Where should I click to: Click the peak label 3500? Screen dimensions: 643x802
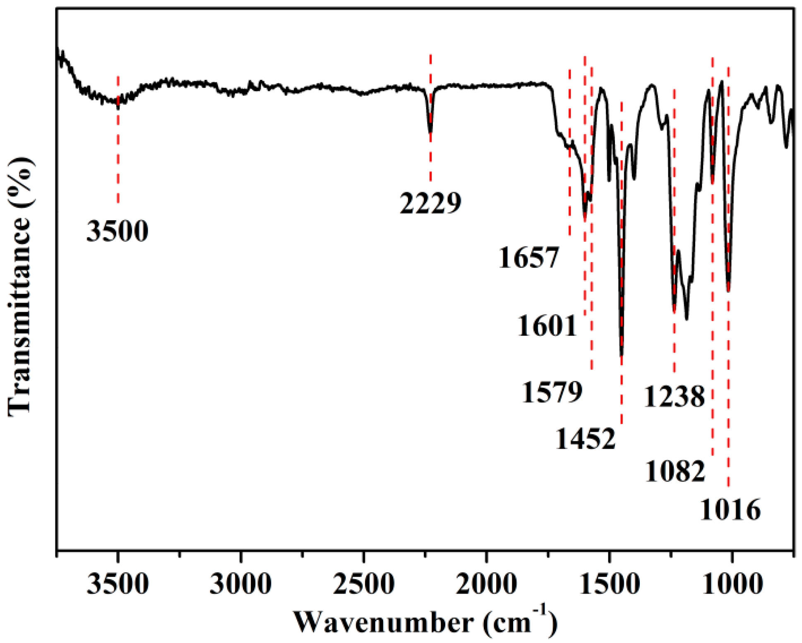click(x=117, y=231)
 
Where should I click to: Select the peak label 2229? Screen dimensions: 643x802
click(x=430, y=203)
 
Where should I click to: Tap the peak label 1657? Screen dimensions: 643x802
click(x=529, y=258)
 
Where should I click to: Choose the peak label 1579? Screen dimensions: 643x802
click(x=552, y=392)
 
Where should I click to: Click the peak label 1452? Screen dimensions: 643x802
click(x=586, y=439)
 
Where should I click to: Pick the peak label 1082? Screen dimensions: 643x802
click(x=675, y=471)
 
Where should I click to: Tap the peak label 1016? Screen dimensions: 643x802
click(x=730, y=510)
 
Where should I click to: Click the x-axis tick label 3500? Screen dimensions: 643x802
click(x=118, y=585)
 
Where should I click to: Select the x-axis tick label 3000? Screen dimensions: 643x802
click(x=240, y=585)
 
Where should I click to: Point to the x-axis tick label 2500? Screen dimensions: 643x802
click(x=363, y=585)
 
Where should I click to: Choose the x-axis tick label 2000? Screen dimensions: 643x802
click(x=486, y=585)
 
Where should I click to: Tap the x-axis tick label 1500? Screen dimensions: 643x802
click(x=609, y=585)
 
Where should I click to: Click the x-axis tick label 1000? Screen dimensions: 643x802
click(x=732, y=585)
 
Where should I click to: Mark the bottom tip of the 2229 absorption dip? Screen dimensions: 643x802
click(x=430, y=132)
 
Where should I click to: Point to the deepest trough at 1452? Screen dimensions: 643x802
click(x=621, y=355)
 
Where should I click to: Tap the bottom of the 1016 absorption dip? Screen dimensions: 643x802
click(x=728, y=291)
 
